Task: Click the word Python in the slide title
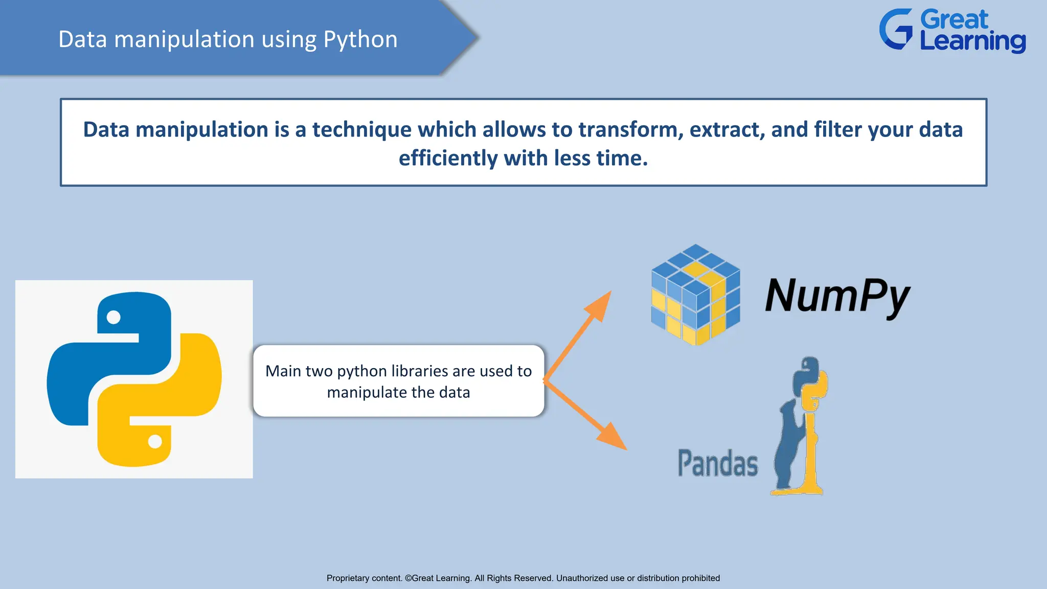pos(360,40)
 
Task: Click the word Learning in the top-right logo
pos(972,41)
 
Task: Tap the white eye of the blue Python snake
pos(113,318)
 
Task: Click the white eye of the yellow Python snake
pos(155,441)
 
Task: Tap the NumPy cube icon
pos(695,295)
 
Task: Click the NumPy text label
pos(837,296)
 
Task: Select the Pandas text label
pos(717,463)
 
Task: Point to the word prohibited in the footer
pos(700,578)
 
